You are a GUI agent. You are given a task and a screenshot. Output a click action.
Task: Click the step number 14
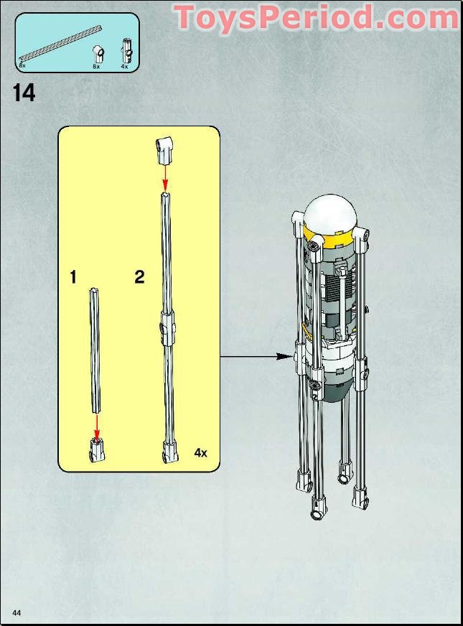pos(24,93)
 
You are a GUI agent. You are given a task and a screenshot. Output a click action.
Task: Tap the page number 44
pos(16,612)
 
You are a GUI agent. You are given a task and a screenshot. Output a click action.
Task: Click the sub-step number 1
pos(73,277)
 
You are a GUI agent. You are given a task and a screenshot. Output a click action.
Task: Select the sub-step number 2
pos(139,277)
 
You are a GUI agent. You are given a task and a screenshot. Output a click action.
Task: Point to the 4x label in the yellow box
pos(200,453)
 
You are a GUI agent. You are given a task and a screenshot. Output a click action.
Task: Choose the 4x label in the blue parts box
pos(124,66)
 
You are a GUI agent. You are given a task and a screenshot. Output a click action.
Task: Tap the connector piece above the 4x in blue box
pos(125,50)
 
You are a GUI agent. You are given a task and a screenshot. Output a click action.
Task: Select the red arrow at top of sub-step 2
pos(165,174)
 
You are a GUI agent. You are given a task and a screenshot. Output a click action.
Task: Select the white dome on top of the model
pos(330,212)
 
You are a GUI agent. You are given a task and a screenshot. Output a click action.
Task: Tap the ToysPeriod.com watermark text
pos(316,17)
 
